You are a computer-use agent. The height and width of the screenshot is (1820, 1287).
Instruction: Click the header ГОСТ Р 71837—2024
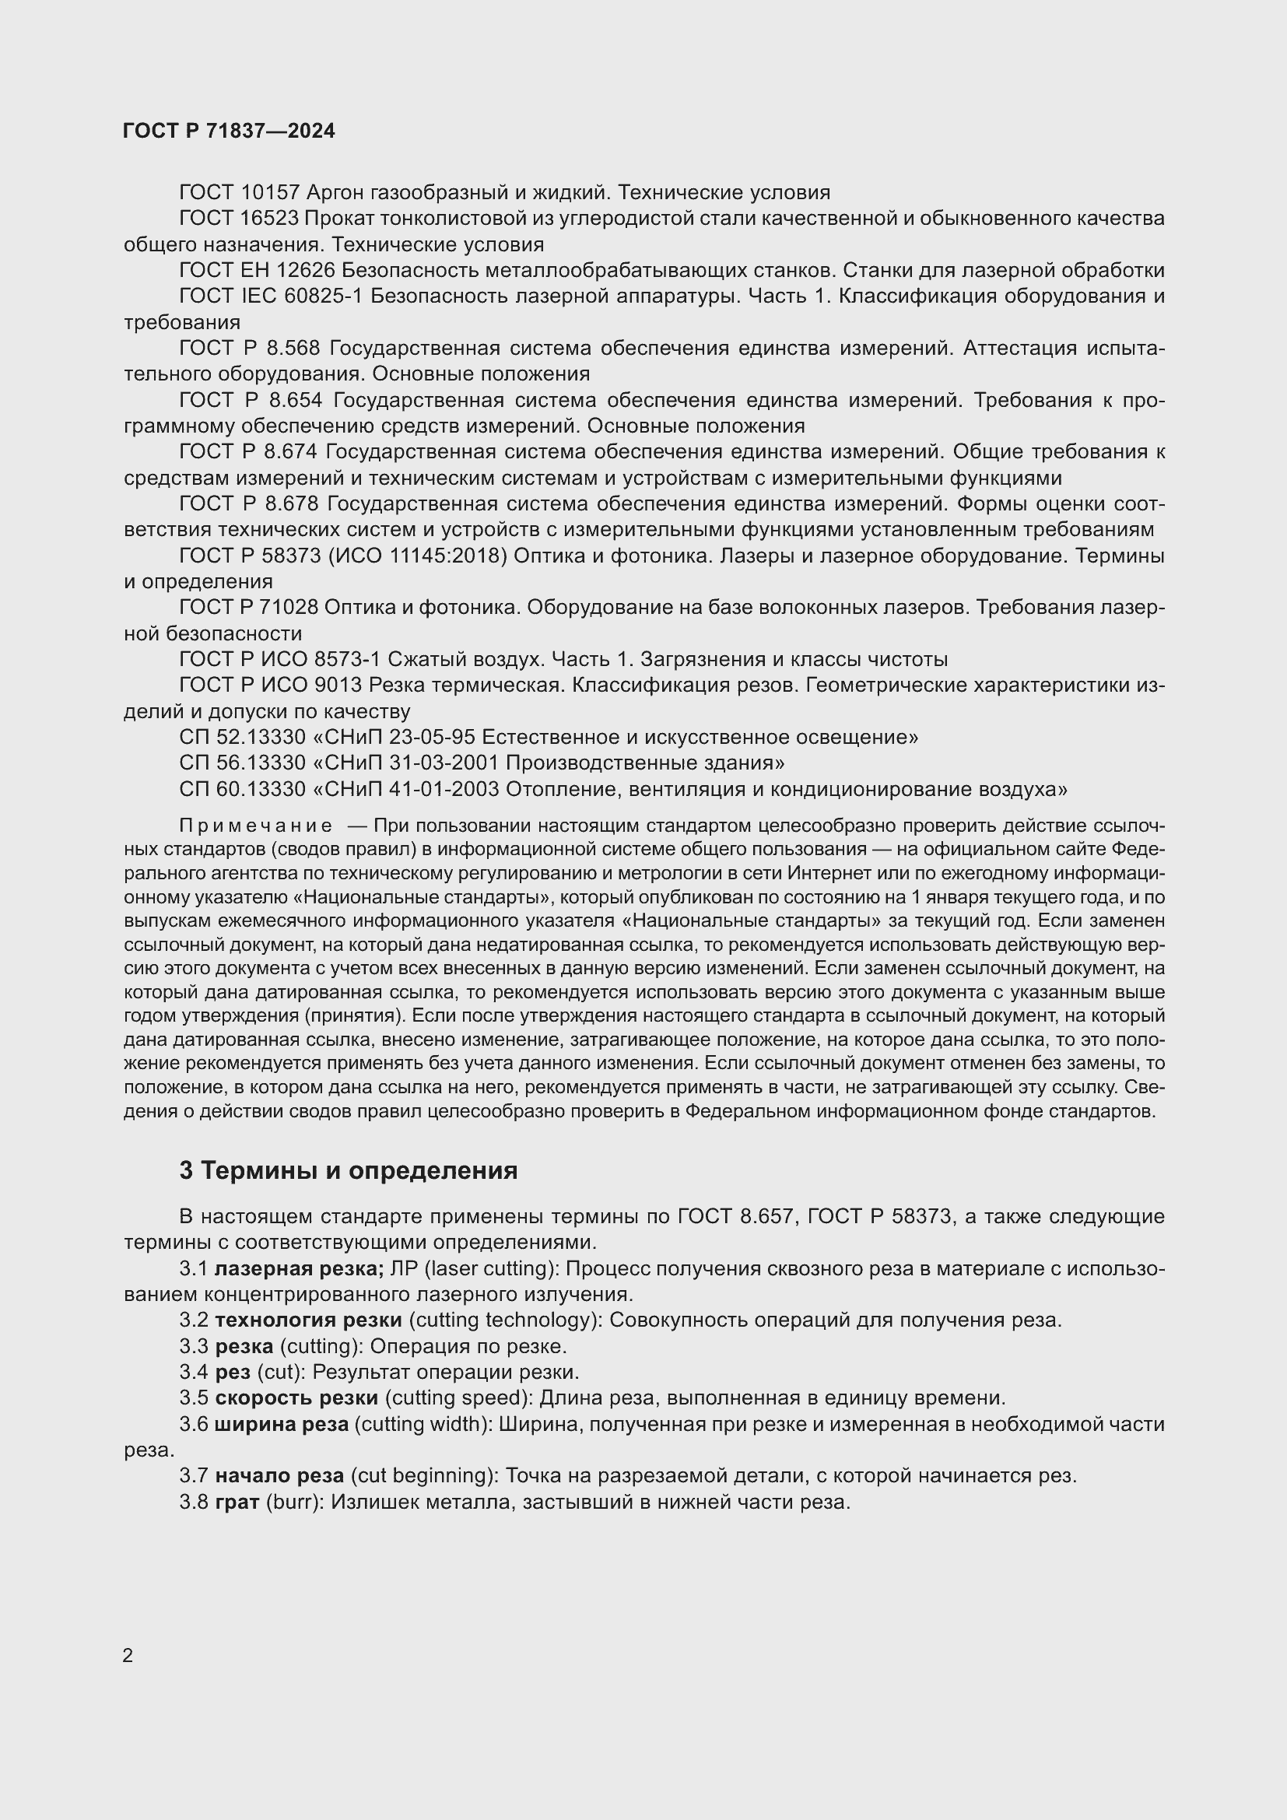tap(229, 132)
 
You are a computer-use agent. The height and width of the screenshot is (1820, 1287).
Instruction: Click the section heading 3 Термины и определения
tap(348, 1170)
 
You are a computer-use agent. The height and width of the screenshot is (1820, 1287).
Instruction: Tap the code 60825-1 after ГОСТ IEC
tap(325, 296)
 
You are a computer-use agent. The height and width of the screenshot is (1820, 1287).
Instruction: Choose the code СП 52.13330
tap(243, 737)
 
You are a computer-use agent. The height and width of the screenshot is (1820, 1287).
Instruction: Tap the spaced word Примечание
tap(255, 827)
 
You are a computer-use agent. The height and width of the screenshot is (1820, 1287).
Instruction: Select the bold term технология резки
tap(309, 1320)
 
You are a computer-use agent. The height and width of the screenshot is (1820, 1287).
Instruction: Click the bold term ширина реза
tap(282, 1424)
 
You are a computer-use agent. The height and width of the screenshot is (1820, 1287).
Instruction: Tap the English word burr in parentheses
tap(295, 1501)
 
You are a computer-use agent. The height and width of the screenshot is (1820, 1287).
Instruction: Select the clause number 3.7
tap(195, 1475)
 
